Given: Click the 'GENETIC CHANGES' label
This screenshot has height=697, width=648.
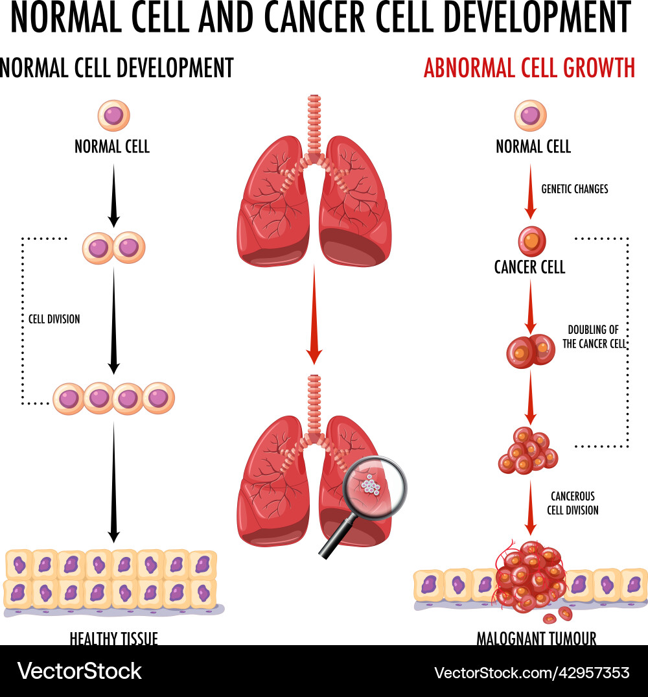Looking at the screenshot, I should [x=575, y=189].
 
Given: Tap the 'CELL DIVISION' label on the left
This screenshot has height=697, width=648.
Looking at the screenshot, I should [x=54, y=319].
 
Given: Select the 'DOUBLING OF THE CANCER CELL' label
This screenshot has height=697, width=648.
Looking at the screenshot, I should [x=594, y=337].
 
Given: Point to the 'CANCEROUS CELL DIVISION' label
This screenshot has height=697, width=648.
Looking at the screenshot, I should [x=572, y=503].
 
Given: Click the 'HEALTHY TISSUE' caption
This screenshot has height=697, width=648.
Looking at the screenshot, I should [x=114, y=639].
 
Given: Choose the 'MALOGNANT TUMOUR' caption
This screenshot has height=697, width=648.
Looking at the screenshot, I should [x=537, y=639].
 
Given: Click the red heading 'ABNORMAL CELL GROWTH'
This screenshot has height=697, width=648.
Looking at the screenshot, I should [x=529, y=68].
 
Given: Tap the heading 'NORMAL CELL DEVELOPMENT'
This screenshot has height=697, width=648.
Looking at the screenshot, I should [x=117, y=68].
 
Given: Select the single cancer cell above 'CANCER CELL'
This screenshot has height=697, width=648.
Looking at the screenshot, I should [x=531, y=241].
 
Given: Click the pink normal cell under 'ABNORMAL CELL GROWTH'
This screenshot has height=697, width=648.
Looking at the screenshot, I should [x=531, y=116].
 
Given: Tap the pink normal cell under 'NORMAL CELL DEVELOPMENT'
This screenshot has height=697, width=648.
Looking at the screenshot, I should [x=113, y=116].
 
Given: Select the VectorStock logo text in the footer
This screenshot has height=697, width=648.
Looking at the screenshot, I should [x=80, y=671].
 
